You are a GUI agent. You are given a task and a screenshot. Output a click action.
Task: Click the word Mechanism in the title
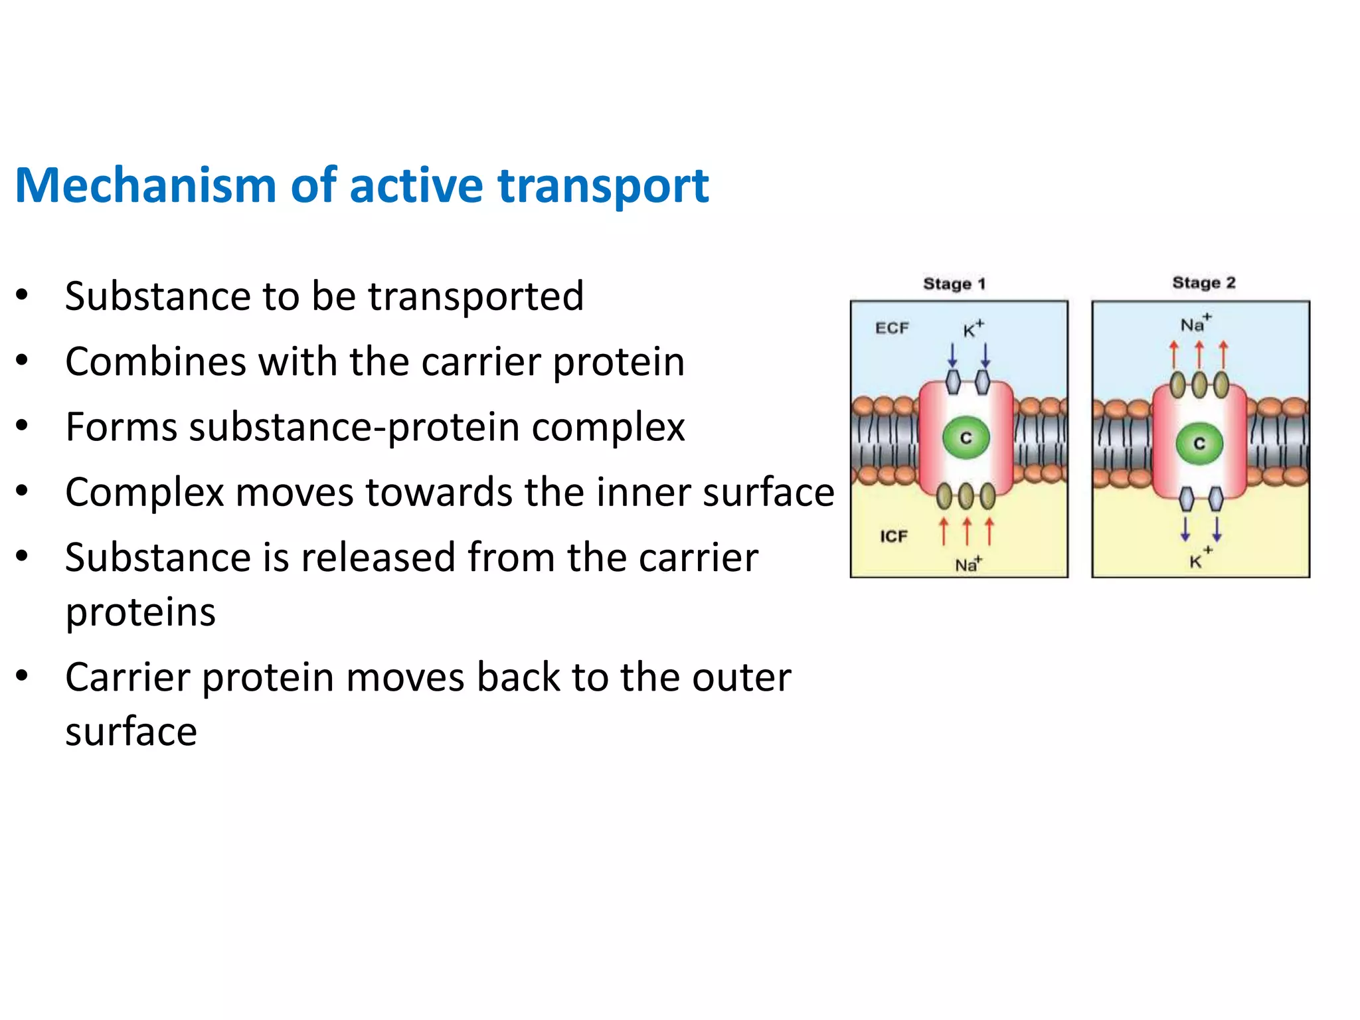click(x=145, y=185)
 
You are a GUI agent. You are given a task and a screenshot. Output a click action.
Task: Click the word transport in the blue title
click(x=603, y=187)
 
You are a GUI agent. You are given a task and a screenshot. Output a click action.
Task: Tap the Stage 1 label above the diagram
click(x=954, y=284)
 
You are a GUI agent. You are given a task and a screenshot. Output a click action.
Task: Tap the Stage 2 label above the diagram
click(x=1203, y=283)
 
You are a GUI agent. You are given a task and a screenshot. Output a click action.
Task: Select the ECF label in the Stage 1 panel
click(x=891, y=328)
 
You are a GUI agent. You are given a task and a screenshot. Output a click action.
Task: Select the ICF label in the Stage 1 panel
click(x=893, y=536)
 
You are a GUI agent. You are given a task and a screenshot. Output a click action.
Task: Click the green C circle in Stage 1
click(x=966, y=438)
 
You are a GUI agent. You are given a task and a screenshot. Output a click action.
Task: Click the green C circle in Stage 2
click(x=1199, y=444)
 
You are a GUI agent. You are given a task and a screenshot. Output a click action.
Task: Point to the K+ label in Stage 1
click(x=973, y=329)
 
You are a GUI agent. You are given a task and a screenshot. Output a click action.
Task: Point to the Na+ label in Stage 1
click(x=968, y=564)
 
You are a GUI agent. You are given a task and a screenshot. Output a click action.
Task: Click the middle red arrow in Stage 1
click(x=967, y=532)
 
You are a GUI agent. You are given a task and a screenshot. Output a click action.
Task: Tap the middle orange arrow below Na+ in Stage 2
click(x=1199, y=355)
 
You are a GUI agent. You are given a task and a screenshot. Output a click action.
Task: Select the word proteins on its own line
click(x=140, y=612)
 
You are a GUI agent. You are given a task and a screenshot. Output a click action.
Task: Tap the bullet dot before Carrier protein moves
click(x=23, y=676)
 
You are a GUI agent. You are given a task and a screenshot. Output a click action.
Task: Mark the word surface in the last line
click(x=131, y=732)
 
